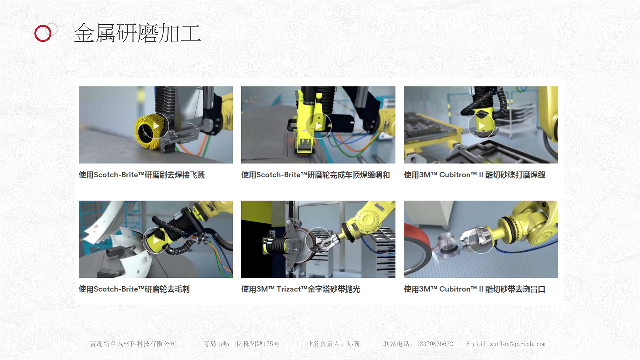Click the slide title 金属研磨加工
pos(137,33)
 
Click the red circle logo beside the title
pos(43,33)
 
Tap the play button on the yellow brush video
pos(156,126)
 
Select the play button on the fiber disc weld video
pos(481,126)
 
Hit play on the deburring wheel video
pos(156,241)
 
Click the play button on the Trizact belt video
pos(318,241)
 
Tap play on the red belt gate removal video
pos(481,241)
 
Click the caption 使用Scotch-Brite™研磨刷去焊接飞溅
pos(142,175)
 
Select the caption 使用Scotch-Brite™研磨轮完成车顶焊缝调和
pos(315,175)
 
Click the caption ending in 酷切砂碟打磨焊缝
pos(474,175)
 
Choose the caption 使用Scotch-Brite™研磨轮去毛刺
pos(134,289)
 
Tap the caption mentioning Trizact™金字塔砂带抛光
pos(301,289)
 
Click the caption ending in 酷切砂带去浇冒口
pos(474,289)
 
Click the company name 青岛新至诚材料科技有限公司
pos(133,344)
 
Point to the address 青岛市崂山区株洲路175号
pos(241,344)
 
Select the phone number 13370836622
pos(435,344)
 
